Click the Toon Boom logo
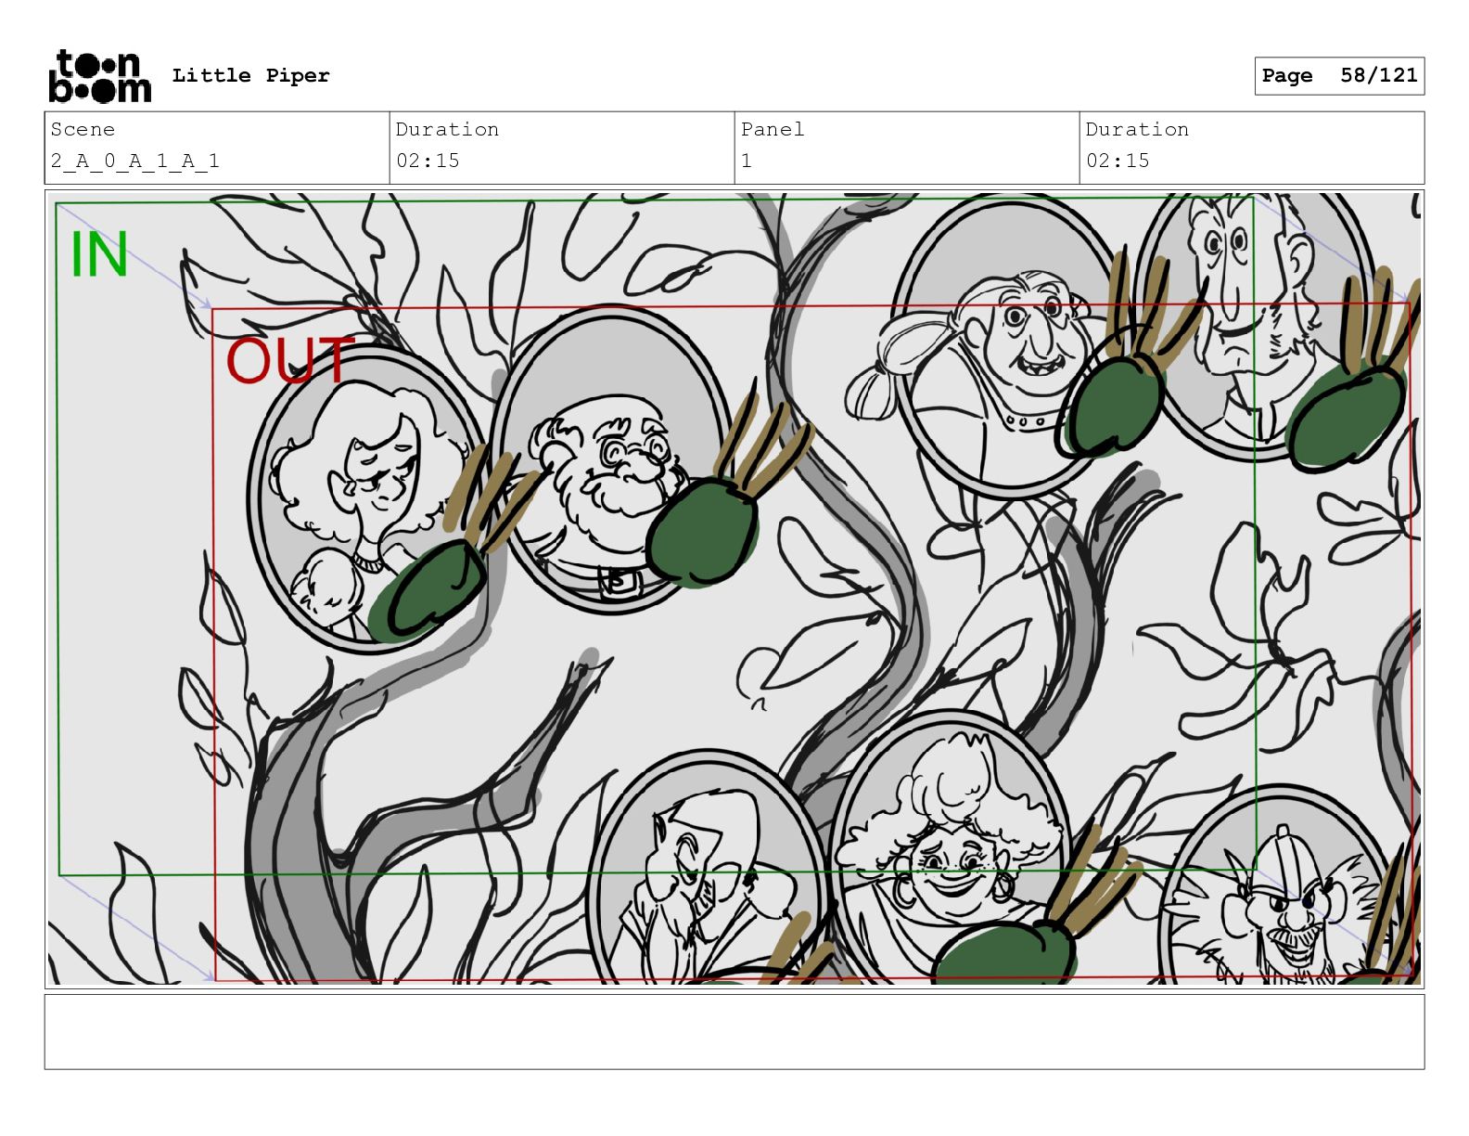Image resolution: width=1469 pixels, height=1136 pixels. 100,76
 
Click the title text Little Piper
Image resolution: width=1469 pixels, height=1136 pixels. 250,75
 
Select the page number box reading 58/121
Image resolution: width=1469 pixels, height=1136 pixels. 1339,76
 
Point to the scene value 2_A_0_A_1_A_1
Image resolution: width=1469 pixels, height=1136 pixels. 135,161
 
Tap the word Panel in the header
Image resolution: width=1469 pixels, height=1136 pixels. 772,129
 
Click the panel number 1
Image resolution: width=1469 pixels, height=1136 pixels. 747,161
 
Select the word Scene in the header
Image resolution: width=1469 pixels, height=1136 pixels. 83,129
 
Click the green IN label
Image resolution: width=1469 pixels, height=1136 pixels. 99,253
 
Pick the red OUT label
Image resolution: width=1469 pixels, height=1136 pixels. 289,359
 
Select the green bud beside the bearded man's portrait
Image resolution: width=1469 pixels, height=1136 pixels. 703,530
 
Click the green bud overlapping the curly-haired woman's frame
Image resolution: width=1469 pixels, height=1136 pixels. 428,590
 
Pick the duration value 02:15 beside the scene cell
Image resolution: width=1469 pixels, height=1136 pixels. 428,161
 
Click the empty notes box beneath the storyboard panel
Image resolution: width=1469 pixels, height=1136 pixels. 734,1032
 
